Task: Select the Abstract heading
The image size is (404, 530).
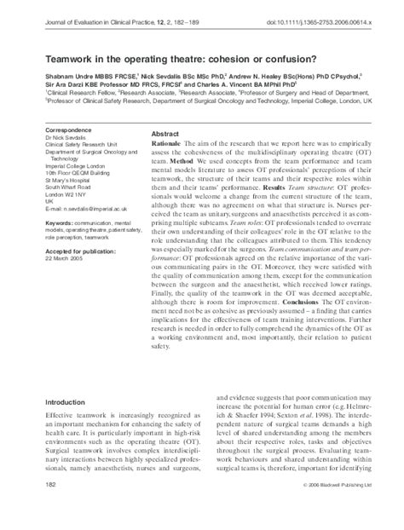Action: [x=165, y=135]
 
